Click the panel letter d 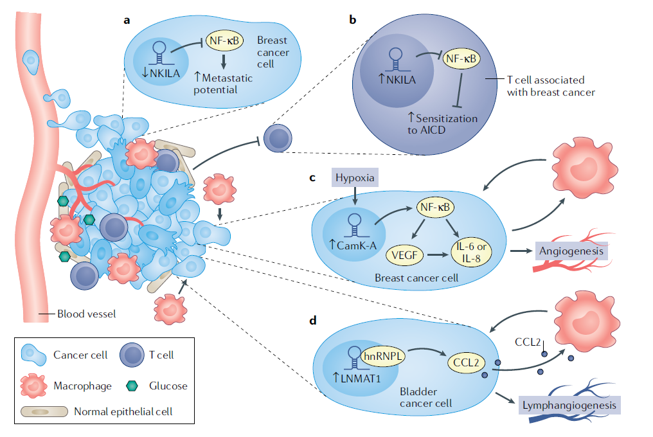(x=313, y=319)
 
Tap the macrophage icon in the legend (x=33, y=386)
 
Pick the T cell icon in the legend (x=132, y=354)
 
